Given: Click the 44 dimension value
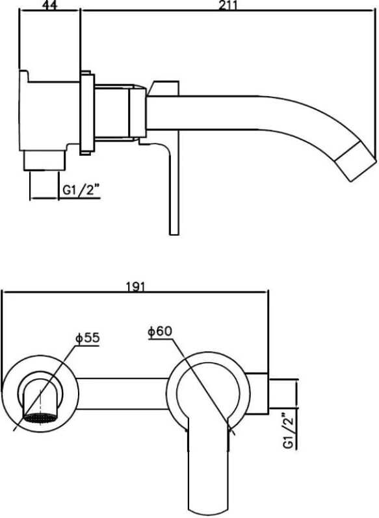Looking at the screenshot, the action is (50, 6).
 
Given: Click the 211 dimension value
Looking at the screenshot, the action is (228, 5).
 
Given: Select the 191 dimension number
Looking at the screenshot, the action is (136, 286).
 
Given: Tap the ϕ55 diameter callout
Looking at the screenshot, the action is (88, 338).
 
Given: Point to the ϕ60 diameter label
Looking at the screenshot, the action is (161, 331).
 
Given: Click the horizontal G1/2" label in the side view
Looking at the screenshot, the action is (81, 190).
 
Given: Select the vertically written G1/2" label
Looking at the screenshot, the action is (289, 430).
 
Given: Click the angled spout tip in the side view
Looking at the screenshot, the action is (356, 161).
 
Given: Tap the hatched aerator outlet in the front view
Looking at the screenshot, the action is (40, 417).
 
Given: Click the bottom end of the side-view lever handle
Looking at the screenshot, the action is (174, 234).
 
